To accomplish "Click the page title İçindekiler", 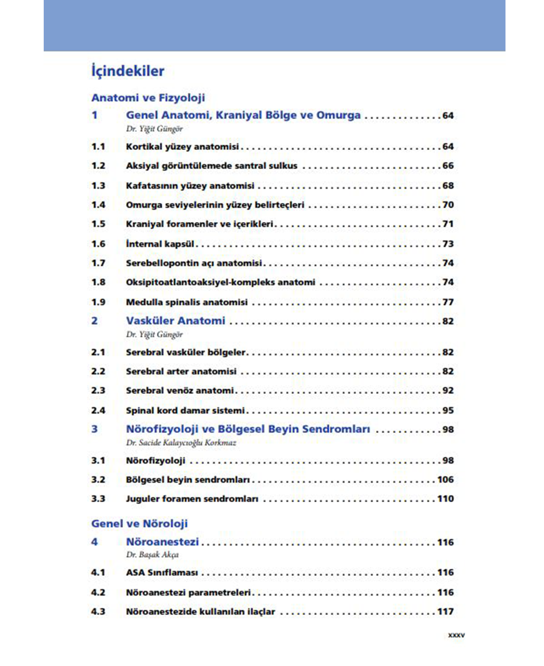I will pos(128,71).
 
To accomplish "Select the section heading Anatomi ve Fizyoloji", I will pos(148,98).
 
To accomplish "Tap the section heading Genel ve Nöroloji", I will pos(139,523).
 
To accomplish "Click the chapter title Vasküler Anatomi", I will pos(175,321).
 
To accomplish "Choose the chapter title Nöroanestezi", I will pos(162,542).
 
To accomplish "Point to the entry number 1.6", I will pos(98,244).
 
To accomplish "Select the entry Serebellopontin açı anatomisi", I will pos(193,263).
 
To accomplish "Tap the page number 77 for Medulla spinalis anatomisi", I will pos(448,302).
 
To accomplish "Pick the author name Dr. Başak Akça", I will pos(152,555).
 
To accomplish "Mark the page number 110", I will pos(445,498).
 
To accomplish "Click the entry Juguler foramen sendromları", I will pos(192,499).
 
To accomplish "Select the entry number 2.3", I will pos(98,390).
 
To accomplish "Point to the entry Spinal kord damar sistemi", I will pos(185,411).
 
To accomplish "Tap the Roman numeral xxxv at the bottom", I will pos(456,635).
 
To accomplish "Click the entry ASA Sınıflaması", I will pos(162,573).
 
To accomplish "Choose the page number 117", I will pos(445,611).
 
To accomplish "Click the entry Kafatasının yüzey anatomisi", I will pos(190,186).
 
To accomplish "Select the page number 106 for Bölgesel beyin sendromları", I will pos(445,479).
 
